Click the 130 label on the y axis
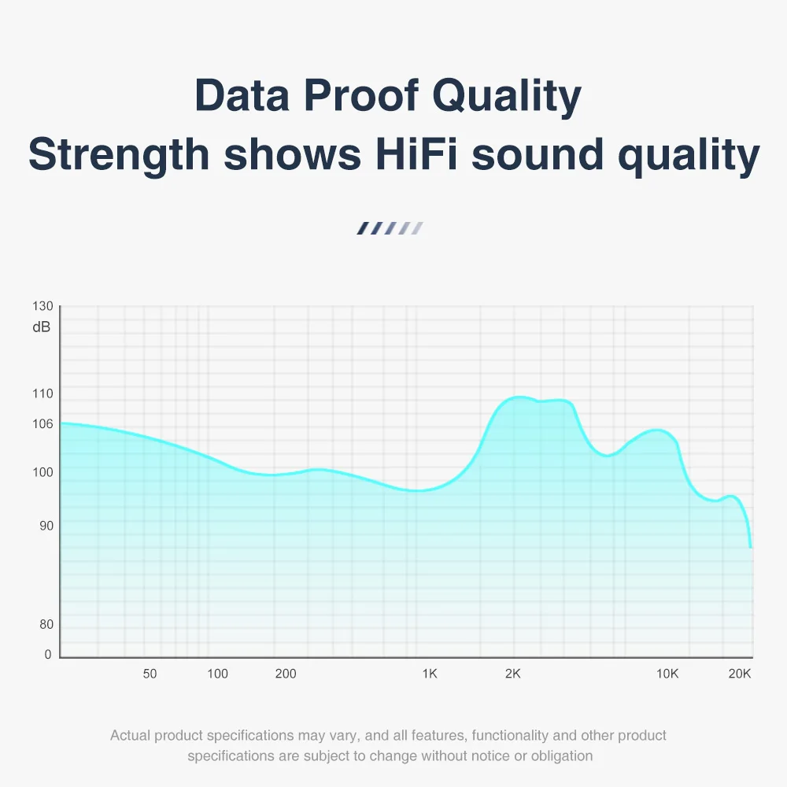[x=43, y=306]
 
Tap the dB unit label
[x=42, y=327]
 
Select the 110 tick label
[x=42, y=394]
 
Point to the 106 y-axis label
[x=42, y=424]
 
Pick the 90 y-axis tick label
[x=46, y=526]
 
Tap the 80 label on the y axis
[x=46, y=625]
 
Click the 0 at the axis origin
[x=48, y=655]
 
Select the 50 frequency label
[x=150, y=674]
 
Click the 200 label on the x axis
[x=286, y=674]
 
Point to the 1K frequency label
[x=430, y=674]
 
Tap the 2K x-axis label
[x=513, y=674]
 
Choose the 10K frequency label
[x=667, y=674]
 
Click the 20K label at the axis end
[x=740, y=674]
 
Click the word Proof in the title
[x=363, y=97]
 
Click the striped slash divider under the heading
[x=390, y=229]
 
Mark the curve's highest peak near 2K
[x=518, y=397]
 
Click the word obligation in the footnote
[x=560, y=756]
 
